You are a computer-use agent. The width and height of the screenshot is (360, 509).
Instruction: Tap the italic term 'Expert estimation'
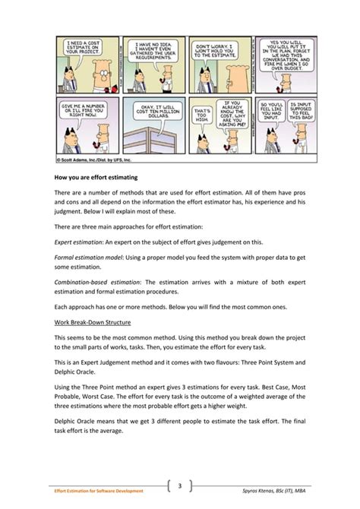(80, 242)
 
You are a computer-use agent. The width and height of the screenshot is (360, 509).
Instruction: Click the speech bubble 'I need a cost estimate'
(74, 50)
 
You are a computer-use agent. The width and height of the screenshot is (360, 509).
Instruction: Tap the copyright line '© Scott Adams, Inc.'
(84, 160)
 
